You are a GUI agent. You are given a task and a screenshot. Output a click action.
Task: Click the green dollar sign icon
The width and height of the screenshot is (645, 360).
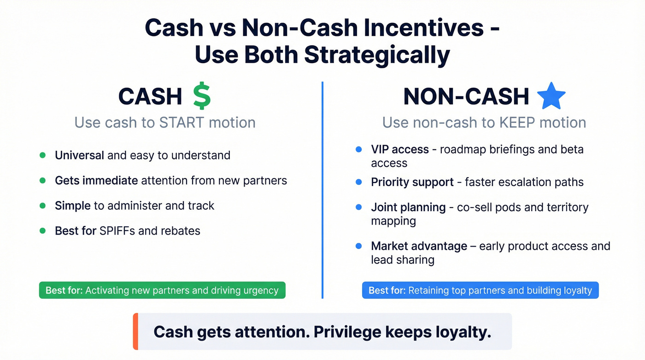pos(201,96)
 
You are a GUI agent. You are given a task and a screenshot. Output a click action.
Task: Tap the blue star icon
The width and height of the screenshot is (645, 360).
pos(551,96)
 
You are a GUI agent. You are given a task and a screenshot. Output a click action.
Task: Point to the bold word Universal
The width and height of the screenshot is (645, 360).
pos(79,155)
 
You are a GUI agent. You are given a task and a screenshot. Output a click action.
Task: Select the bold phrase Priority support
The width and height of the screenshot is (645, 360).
pos(412,182)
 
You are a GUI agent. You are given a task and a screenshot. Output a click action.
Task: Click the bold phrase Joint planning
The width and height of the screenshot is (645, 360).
pos(408,207)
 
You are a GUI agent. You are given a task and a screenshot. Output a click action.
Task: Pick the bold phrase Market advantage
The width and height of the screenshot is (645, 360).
pos(419,246)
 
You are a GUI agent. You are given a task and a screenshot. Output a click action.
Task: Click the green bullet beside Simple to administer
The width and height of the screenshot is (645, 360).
pos(43,206)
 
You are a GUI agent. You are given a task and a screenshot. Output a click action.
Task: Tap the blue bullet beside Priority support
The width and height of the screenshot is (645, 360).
pos(359,182)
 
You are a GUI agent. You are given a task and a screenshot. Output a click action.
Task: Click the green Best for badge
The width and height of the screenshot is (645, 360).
pos(162,290)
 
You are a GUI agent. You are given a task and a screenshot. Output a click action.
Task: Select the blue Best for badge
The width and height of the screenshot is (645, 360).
pos(480,290)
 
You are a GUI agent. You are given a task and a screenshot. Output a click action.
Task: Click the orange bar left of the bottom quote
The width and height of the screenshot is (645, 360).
pos(135,331)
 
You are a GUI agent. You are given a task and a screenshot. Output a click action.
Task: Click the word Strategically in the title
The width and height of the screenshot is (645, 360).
pos(376,55)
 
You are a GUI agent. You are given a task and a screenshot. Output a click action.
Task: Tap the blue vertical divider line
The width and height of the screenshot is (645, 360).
pos(322,189)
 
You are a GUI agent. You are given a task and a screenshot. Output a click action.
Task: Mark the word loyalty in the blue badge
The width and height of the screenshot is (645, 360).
pos(578,291)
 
